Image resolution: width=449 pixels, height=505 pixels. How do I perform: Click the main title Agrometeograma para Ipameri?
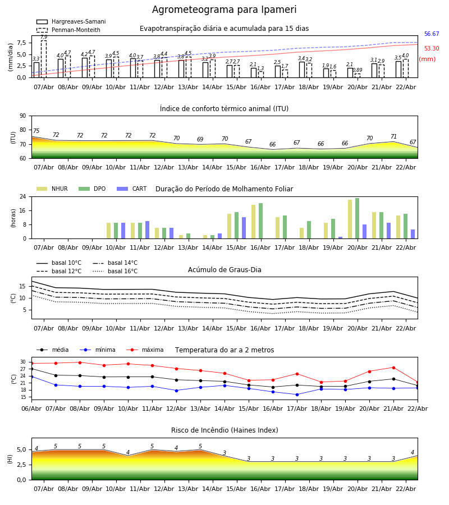[224, 10]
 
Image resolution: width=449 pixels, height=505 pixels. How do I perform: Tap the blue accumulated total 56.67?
[432, 34]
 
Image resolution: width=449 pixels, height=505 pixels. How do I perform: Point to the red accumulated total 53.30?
[432, 49]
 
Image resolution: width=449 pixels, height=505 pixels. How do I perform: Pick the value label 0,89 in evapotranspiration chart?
[358, 70]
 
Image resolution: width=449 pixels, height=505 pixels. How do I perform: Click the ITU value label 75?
[36, 131]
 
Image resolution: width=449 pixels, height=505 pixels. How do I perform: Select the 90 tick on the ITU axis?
[22, 116]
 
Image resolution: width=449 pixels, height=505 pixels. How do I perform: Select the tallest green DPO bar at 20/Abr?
[357, 218]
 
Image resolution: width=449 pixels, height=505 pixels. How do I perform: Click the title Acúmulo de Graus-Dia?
[224, 270]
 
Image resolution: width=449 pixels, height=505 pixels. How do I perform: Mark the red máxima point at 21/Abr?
[393, 368]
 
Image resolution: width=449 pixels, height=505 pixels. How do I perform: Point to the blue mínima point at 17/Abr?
[297, 394]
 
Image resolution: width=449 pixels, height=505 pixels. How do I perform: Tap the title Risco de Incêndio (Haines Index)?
[224, 430]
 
